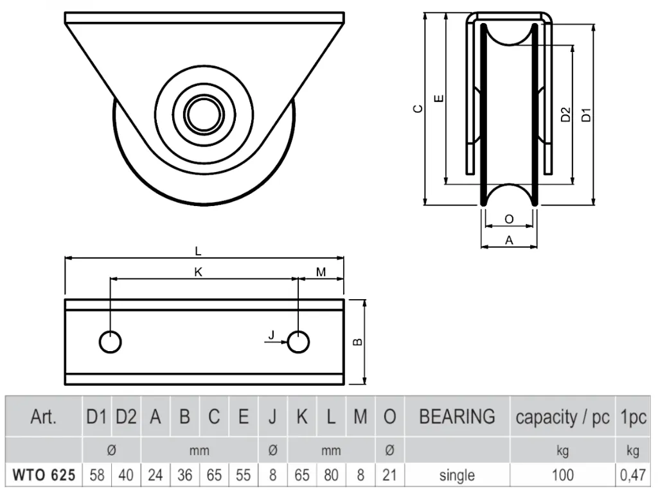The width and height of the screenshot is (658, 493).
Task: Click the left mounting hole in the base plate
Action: point(111,342)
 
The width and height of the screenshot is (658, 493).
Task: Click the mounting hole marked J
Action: point(298,342)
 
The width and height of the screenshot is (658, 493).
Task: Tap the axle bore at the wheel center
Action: point(204,114)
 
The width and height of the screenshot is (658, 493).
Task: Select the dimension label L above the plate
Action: point(198,251)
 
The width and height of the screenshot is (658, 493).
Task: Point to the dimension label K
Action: point(198,272)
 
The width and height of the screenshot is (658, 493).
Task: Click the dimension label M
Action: point(321,272)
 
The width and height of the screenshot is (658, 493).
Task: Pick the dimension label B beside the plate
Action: point(357,342)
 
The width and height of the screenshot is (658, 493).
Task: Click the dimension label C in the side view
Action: point(418,109)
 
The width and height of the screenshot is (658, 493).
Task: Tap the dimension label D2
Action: point(565,114)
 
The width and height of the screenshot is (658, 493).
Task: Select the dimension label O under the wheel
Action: point(509,220)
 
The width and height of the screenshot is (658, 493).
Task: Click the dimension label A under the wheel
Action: point(509,240)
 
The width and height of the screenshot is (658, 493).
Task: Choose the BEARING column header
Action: point(457,417)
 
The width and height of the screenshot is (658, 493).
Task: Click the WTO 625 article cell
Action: point(44,475)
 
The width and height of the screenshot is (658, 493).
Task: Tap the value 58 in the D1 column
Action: point(97,475)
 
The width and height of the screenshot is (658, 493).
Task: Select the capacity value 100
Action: point(562,475)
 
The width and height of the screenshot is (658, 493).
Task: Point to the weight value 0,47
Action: point(633,475)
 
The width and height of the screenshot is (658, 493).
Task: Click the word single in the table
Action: point(457,476)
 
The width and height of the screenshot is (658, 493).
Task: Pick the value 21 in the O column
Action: point(389,475)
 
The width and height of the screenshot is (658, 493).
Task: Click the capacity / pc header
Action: point(562,417)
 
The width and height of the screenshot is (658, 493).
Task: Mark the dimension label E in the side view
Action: point(438,99)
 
